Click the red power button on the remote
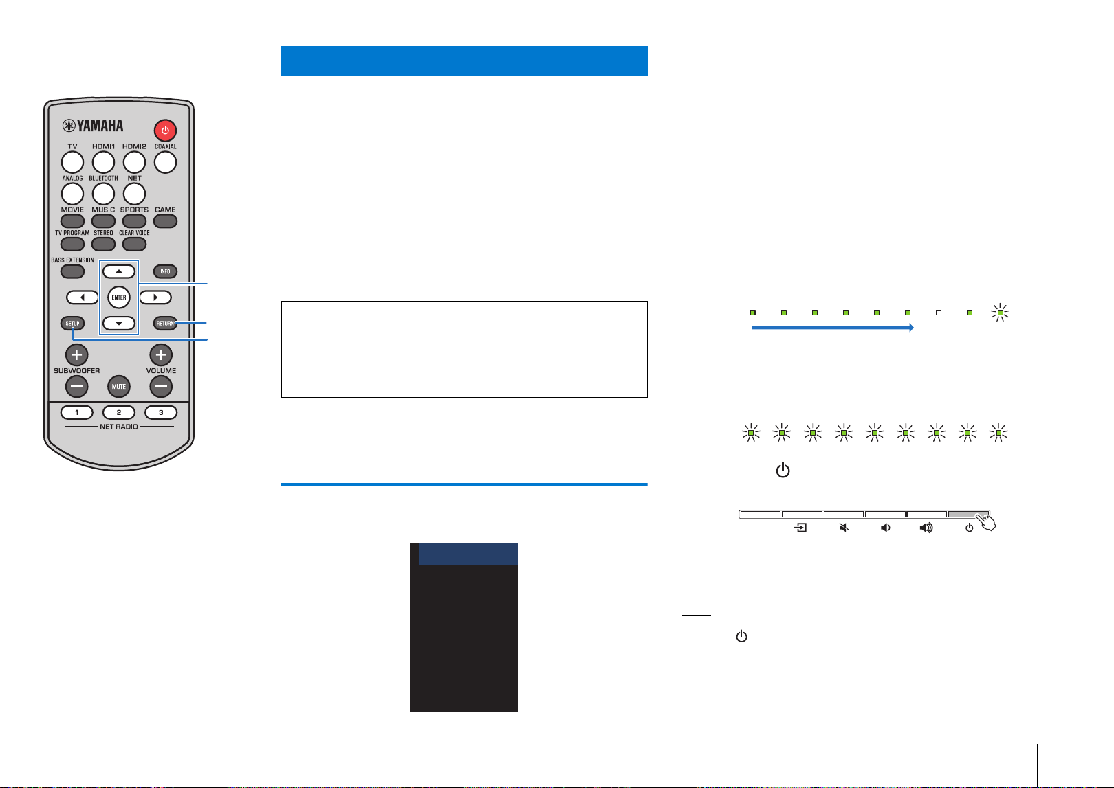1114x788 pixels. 165,130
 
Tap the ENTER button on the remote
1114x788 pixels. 119,297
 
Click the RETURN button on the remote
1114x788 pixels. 165,324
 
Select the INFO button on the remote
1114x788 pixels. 165,271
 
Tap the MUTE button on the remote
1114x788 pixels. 119,387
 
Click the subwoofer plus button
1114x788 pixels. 76,354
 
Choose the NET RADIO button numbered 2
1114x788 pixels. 119,412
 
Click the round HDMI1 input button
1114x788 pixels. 103,162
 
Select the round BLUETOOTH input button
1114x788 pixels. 103,194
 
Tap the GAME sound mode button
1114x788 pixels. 165,221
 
